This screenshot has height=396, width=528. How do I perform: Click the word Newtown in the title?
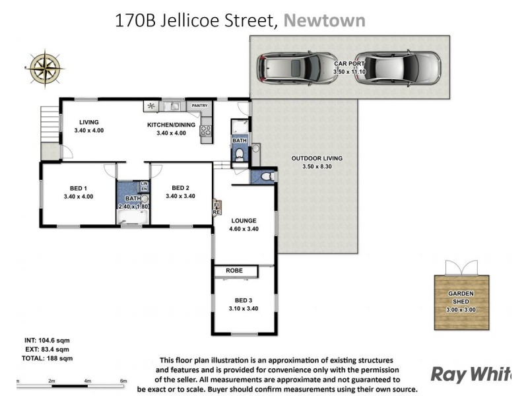point(324,20)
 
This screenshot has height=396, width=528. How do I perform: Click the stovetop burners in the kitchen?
point(205,129)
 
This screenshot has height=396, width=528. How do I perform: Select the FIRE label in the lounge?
point(216,209)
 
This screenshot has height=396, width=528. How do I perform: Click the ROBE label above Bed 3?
point(234,271)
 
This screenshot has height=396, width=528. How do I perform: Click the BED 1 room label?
point(79,187)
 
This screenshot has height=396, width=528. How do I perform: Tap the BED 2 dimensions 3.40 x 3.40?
point(180,196)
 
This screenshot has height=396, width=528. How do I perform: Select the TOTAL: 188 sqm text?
point(47,358)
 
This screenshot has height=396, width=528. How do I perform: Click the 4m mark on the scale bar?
point(87,381)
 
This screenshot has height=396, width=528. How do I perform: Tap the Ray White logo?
point(471,374)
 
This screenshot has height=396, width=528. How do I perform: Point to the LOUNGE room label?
point(244,220)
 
